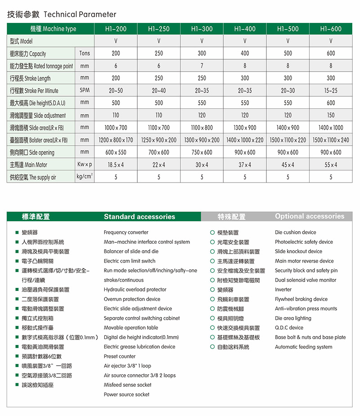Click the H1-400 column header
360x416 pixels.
(x=245, y=29)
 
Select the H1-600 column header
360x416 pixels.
(x=331, y=29)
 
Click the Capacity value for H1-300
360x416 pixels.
(x=202, y=54)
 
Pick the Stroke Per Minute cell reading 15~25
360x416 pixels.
(x=331, y=90)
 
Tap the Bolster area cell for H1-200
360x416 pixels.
(x=116, y=140)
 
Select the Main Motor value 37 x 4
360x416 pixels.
(x=245, y=165)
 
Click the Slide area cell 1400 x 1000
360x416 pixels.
(x=331, y=128)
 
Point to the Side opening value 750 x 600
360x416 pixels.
(x=202, y=152)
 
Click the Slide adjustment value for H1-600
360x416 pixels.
(x=331, y=115)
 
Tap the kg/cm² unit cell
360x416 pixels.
(x=85, y=177)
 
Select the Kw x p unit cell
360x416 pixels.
(x=85, y=165)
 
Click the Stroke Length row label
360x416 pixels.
(x=30, y=78)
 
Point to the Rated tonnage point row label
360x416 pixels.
(x=41, y=66)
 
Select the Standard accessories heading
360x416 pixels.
(x=139, y=217)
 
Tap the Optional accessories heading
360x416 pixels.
(x=310, y=216)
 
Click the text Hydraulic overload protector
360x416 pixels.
(x=135, y=290)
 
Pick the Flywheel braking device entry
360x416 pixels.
(x=301, y=299)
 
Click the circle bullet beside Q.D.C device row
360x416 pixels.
(x=212, y=328)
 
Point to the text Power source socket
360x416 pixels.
(x=126, y=394)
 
